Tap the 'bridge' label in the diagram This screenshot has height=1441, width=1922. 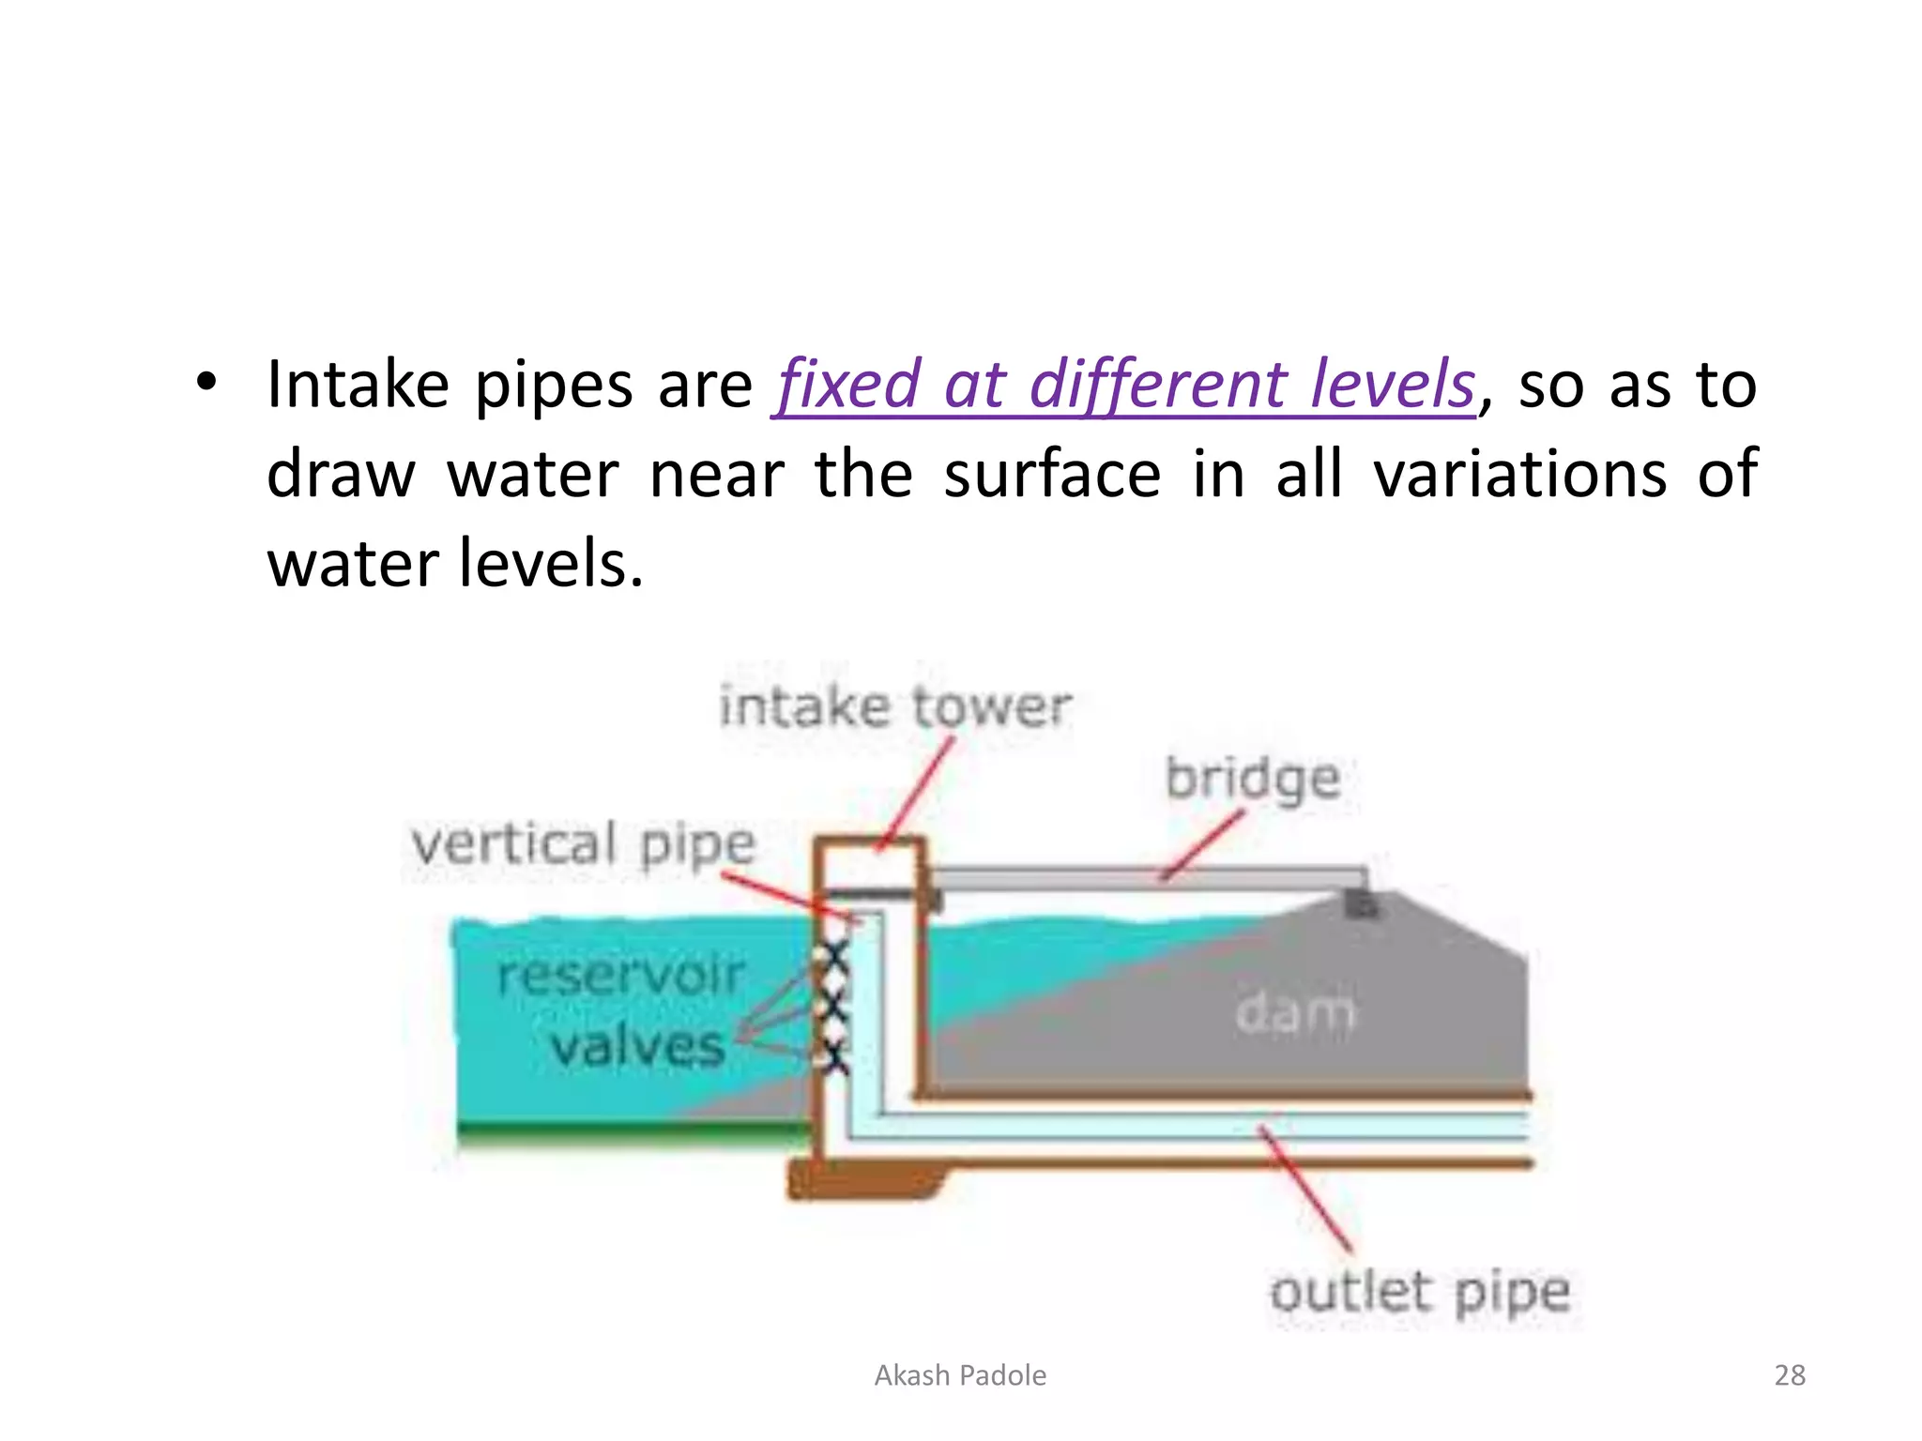tap(1252, 779)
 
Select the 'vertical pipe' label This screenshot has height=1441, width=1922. tap(583, 843)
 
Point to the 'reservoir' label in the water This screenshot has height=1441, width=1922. tap(620, 976)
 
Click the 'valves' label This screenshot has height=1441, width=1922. tap(637, 1045)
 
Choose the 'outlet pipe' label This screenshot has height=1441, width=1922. tap(1419, 1292)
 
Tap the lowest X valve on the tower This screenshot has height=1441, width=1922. tap(831, 1057)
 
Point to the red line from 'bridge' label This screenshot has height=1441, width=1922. tap(1203, 844)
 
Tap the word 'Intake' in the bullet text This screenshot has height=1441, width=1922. tap(358, 385)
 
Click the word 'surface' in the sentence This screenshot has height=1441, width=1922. tap(1051, 474)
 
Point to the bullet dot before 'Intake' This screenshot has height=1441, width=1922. tap(206, 383)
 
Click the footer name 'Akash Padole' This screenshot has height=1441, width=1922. tap(960, 1375)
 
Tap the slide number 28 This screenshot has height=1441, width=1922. tap(1790, 1375)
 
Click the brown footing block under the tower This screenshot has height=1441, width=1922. tap(863, 1180)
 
